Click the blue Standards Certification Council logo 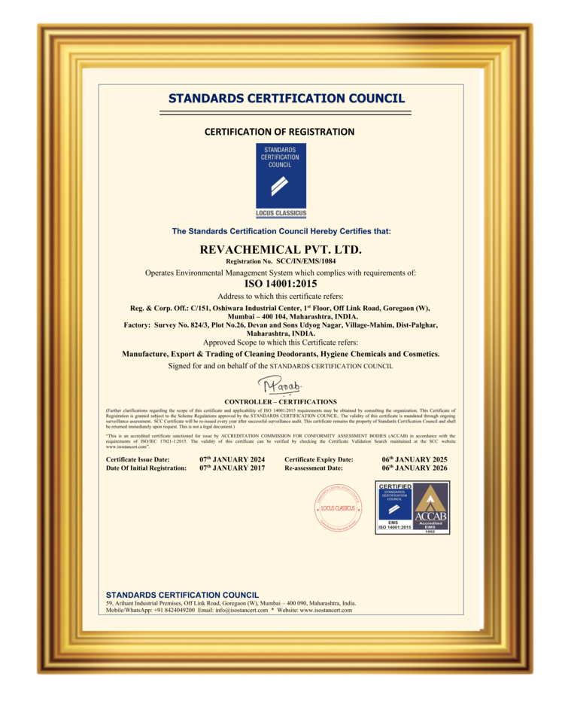click(281, 175)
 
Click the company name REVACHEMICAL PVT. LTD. click(281, 248)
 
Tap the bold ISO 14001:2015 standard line click(281, 284)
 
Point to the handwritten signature click(279, 386)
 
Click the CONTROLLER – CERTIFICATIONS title click(281, 402)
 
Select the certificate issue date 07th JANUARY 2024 click(232, 459)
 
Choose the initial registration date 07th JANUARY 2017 click(232, 468)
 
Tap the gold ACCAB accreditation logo click(431, 508)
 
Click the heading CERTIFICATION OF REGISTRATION click(279, 132)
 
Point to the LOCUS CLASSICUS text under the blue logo click(281, 214)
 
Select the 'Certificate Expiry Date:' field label click(319, 459)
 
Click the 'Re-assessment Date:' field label click(314, 468)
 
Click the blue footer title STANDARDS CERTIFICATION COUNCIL click(182, 595)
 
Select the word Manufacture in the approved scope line click(144, 354)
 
